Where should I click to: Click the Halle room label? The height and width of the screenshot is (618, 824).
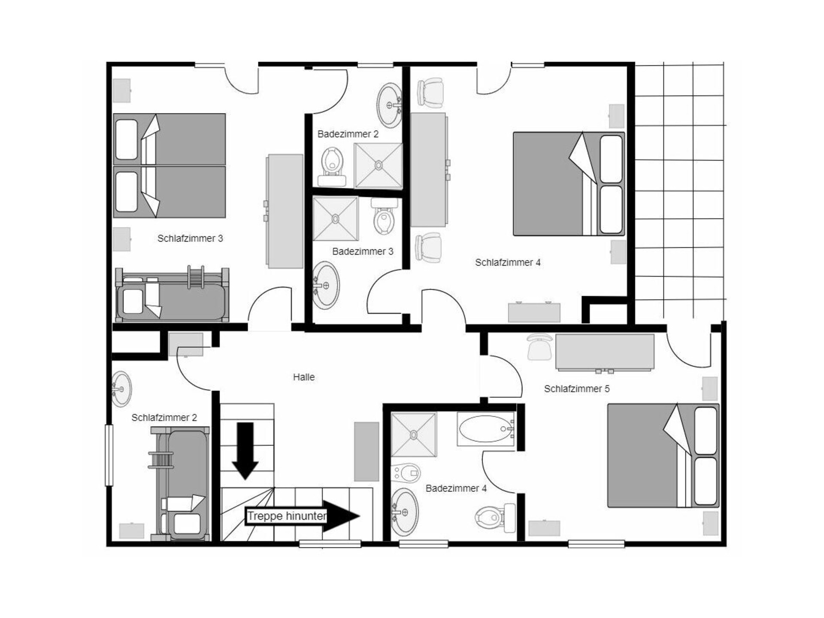[x=304, y=377]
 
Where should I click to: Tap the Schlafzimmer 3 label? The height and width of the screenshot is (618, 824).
[x=190, y=239]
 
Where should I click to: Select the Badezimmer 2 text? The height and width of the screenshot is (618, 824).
[x=348, y=134]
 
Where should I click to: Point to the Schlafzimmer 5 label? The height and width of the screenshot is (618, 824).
[x=577, y=389]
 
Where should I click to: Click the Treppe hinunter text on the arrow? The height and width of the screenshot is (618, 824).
[x=287, y=516]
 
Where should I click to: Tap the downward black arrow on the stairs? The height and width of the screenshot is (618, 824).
[x=245, y=451]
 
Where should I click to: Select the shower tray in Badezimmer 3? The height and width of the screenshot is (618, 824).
[x=335, y=219]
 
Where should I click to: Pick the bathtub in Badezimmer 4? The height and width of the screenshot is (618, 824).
[x=486, y=429]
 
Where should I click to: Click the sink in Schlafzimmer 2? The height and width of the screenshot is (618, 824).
[x=121, y=389]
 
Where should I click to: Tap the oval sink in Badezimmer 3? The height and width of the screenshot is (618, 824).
[x=325, y=285]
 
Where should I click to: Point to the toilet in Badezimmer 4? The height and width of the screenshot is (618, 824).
[x=495, y=517]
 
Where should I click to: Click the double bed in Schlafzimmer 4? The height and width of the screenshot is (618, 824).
[x=569, y=184]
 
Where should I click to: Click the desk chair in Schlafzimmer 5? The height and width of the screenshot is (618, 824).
[x=539, y=347]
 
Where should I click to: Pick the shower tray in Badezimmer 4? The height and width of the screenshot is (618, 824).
[x=414, y=435]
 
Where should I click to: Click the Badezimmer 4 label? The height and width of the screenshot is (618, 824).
[x=456, y=488]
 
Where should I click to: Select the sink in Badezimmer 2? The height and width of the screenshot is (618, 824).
[x=389, y=105]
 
